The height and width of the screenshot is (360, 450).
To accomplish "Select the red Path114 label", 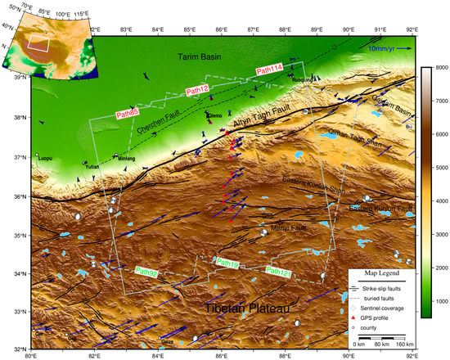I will coord(269,71).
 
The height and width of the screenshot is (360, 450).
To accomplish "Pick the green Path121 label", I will coord(279,271).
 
